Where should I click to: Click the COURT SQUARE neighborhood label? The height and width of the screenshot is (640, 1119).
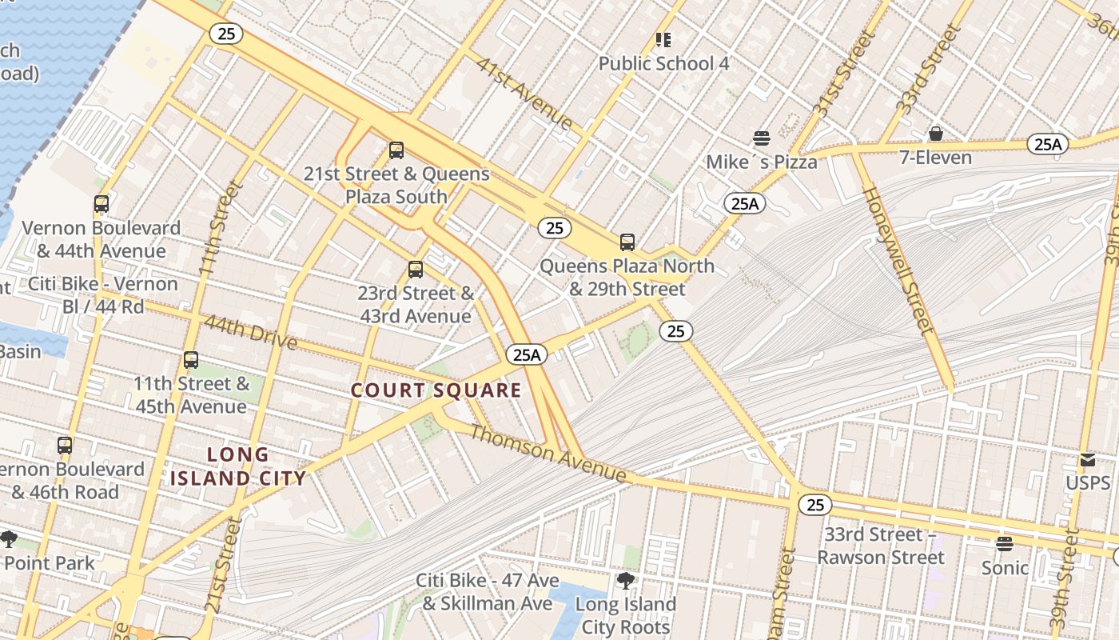tap(436, 390)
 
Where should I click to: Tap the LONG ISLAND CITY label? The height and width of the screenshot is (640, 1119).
tap(238, 466)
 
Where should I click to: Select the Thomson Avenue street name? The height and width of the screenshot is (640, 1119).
tap(548, 453)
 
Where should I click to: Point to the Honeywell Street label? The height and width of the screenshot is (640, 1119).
tap(898, 260)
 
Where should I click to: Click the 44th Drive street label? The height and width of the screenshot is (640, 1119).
tap(250, 332)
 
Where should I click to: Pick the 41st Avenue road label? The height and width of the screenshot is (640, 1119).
tap(524, 93)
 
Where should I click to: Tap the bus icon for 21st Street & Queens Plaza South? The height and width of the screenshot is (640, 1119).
tap(396, 150)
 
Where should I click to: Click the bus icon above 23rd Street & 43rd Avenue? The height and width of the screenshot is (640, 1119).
tap(415, 270)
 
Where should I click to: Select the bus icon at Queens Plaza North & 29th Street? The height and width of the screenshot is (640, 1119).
tap(627, 242)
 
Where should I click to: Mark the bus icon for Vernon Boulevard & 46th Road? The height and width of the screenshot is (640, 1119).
tap(65, 446)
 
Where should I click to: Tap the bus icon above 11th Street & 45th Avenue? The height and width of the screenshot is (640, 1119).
tap(190, 360)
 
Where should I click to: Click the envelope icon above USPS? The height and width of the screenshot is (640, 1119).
tap(1087, 460)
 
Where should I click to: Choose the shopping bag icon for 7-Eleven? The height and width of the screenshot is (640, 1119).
tap(935, 134)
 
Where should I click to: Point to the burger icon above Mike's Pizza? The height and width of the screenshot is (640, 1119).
tap(761, 138)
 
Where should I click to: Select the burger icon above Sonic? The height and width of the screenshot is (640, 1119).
tap(1005, 544)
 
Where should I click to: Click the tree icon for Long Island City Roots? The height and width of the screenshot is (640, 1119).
tap(626, 581)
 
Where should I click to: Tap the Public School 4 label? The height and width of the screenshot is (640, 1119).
tap(663, 63)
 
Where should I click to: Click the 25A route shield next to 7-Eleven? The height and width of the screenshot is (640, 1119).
tap(1047, 144)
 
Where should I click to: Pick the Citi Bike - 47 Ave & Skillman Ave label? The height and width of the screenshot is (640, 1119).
tap(487, 591)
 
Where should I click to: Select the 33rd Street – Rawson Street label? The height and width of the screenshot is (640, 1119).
tap(880, 546)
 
